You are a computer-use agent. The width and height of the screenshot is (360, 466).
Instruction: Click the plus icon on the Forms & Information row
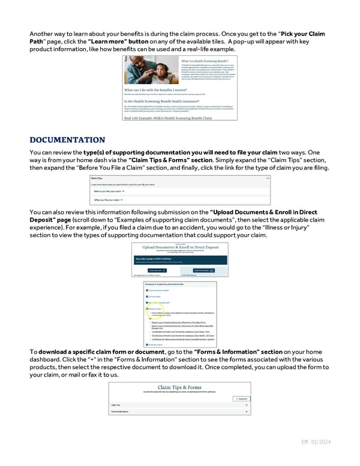pos(247,413)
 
